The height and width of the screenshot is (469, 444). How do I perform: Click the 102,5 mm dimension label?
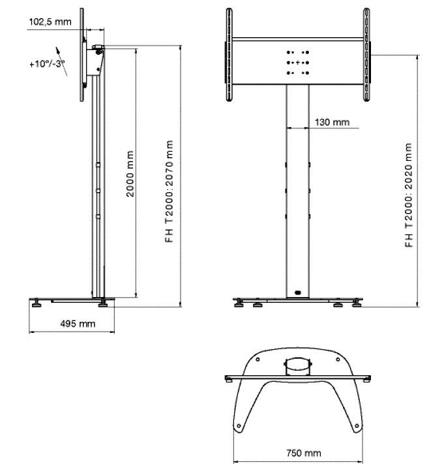point(50,22)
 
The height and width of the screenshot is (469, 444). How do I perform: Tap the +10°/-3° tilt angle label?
point(48,64)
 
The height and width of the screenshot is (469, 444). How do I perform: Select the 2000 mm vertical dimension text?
point(130,174)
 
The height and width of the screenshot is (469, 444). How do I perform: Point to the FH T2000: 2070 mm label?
point(170,192)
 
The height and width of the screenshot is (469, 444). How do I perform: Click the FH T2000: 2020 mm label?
point(409,195)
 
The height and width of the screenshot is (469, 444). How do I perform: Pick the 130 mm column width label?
point(332,122)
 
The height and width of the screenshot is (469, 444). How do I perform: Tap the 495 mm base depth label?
point(78,324)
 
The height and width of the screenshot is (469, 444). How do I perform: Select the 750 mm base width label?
point(304,453)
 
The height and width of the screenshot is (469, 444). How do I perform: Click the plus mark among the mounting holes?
point(297,63)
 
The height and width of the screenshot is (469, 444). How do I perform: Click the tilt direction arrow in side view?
point(61,61)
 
